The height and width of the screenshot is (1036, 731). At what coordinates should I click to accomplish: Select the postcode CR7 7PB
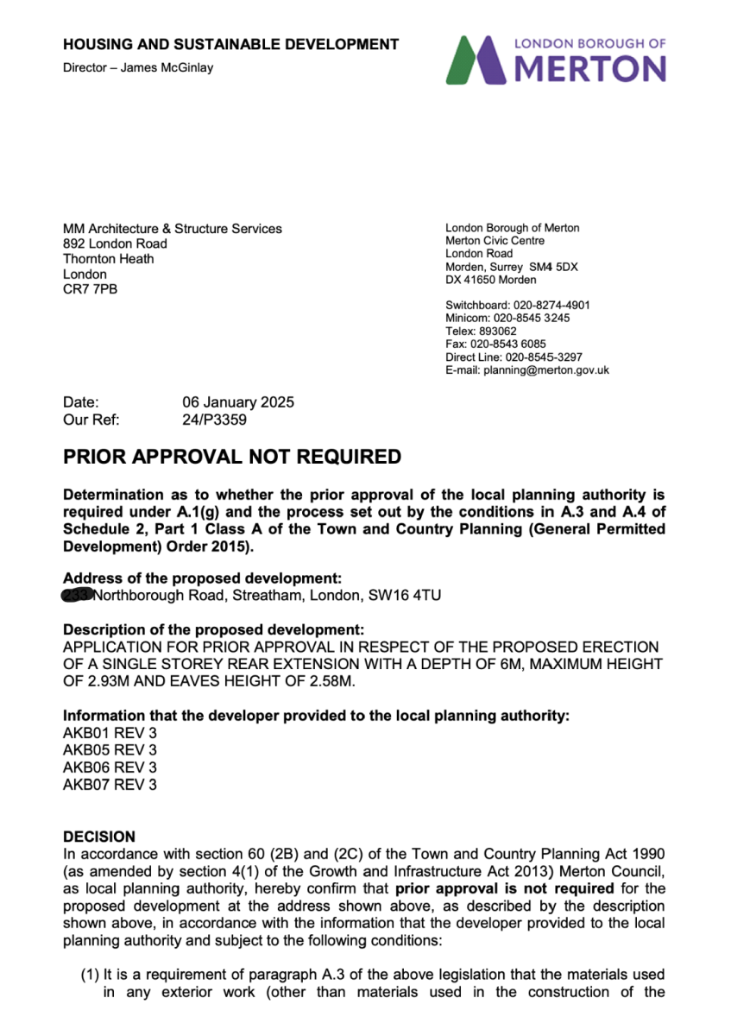tap(91, 289)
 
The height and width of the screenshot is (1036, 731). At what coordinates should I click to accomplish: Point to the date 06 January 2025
tap(237, 402)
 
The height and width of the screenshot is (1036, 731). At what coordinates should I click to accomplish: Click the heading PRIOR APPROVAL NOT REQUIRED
tap(232, 457)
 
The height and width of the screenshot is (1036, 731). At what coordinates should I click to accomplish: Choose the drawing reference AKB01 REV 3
tap(110, 733)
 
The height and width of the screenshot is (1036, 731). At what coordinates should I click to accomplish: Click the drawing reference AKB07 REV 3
tap(110, 785)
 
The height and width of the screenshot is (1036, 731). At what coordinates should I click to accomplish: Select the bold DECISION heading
tap(99, 837)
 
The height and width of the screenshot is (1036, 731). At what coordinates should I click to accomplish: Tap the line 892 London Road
tap(115, 244)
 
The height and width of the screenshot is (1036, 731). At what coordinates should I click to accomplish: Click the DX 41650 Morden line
tap(490, 280)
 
